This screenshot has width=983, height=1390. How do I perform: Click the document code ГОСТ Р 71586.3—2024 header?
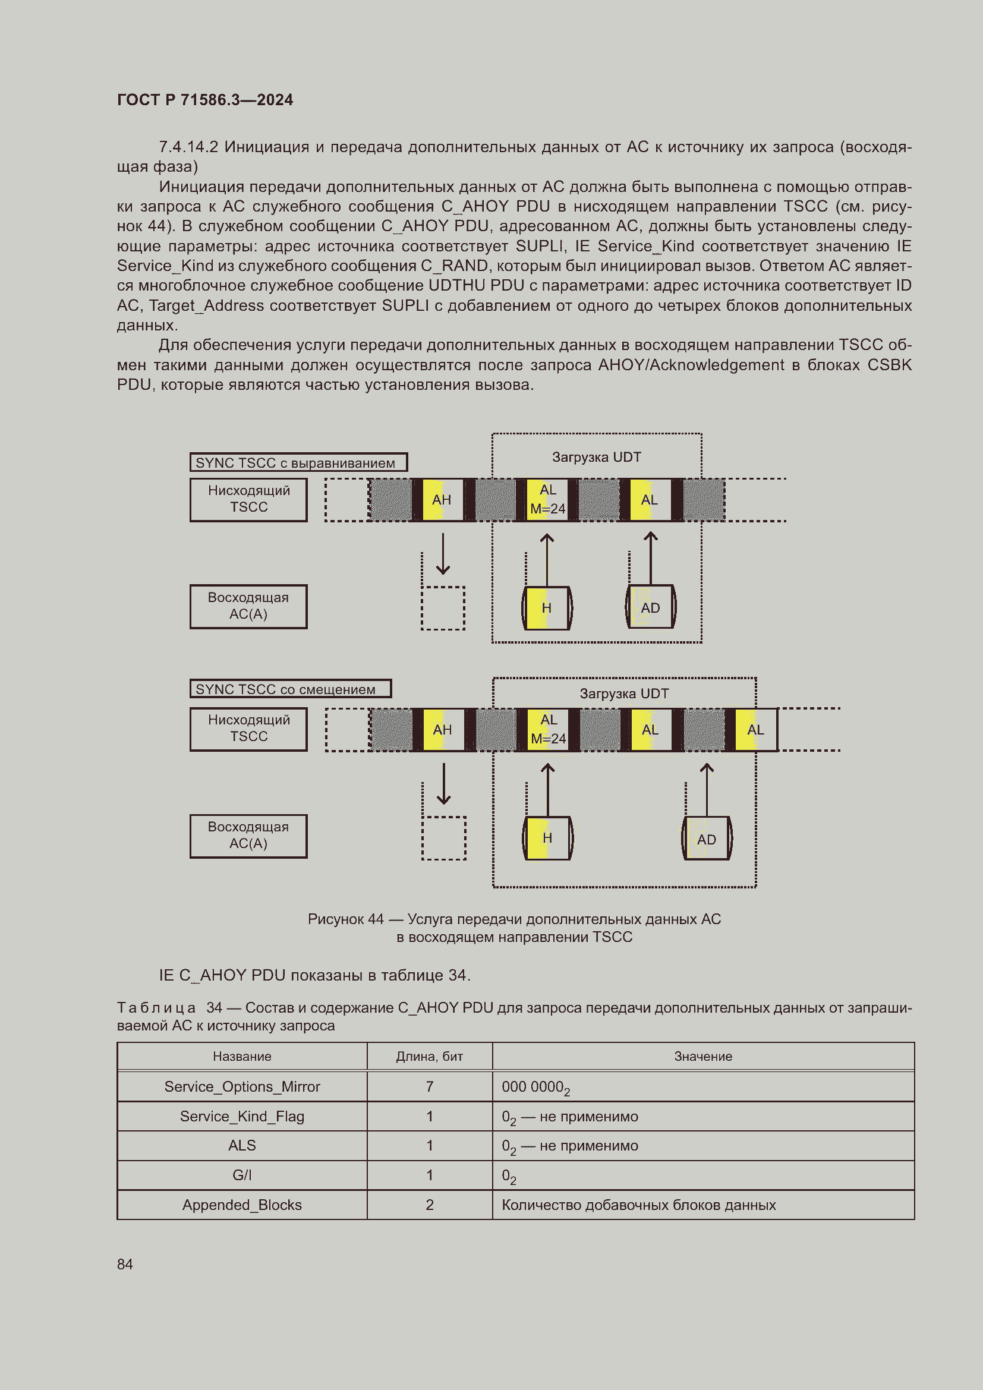coord(204,100)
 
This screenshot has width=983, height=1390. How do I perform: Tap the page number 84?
coord(125,1264)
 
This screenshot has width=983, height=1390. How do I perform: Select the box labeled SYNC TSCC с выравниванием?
coord(298,462)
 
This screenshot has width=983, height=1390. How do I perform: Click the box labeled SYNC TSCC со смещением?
coord(290,689)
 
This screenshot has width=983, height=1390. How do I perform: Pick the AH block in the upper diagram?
coord(441,500)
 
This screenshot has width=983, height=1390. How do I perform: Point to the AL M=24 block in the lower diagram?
coord(548,729)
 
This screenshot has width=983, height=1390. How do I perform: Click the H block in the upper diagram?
coord(546,608)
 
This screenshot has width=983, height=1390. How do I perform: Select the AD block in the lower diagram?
coord(707,839)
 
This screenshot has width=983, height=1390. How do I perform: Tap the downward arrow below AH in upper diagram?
coord(443,553)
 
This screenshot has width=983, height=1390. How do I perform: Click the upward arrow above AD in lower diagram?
coord(707,788)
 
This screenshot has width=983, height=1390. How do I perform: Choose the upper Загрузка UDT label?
coord(596,457)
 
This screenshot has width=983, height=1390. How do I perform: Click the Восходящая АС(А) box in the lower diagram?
coord(248,836)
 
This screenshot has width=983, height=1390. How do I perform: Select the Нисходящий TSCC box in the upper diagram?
coord(248,499)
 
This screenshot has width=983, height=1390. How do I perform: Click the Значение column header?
coord(702,1057)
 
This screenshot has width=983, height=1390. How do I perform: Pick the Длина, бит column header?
coord(429,1057)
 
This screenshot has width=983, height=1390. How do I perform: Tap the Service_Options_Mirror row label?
coord(241,1087)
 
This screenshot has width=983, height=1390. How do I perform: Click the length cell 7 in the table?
coord(429,1087)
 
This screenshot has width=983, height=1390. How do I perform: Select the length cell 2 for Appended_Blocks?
coord(429,1205)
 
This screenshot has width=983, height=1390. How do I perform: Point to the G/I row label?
coord(241,1175)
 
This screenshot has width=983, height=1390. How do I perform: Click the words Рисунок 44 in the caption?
coord(345,919)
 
